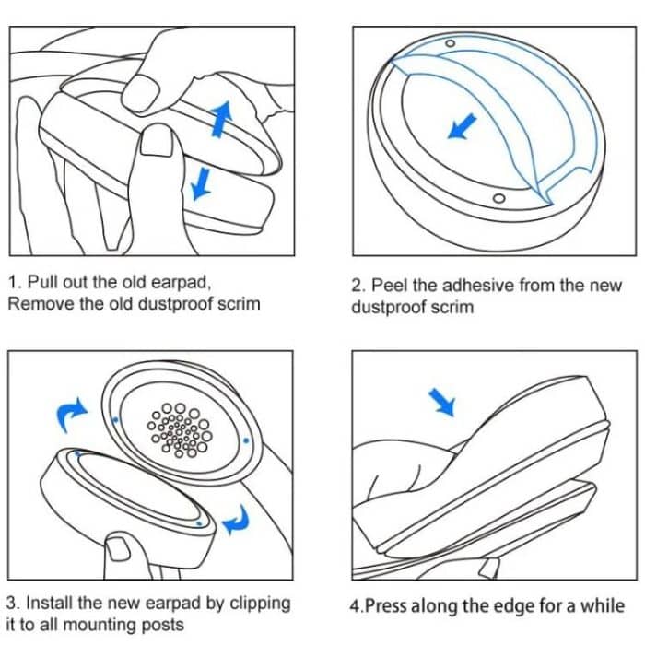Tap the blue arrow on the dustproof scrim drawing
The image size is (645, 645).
459,127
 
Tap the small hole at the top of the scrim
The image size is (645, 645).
451,43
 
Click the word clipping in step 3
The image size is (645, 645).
260,604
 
